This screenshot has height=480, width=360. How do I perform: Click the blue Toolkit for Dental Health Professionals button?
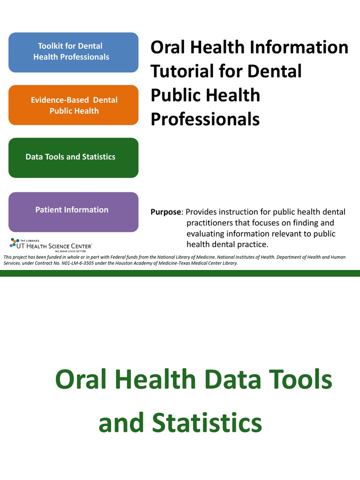tap(73, 52)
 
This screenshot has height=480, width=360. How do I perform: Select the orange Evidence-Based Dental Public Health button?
tap(73, 105)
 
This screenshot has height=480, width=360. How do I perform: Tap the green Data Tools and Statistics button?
tap(73, 157)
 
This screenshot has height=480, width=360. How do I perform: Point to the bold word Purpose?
tap(165, 212)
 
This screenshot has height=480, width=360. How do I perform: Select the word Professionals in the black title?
tap(205, 120)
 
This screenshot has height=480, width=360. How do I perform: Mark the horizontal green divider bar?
tap(180, 273)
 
